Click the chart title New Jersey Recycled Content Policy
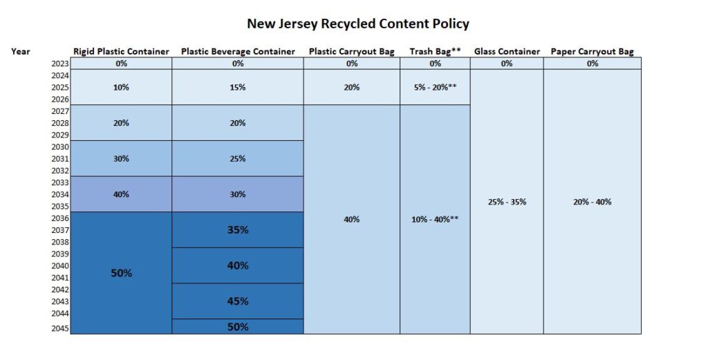358,24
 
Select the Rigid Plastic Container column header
121,52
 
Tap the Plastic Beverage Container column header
238,52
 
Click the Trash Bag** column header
435,52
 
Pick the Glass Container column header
507,52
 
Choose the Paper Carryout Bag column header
592,52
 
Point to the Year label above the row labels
21,51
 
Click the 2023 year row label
60,64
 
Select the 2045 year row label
60,328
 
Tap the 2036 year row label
60,218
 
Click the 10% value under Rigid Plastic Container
121,88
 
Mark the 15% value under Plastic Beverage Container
238,88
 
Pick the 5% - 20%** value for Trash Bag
435,88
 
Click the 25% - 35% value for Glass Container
507,202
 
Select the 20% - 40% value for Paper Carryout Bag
592,202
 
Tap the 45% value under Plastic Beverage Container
238,301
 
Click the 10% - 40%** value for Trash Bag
435,220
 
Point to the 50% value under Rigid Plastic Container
121,273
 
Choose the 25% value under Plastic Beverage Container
238,159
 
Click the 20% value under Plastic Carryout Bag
352,88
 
